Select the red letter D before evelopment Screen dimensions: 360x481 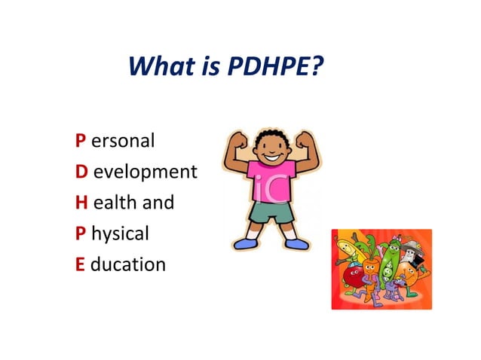point(81,172)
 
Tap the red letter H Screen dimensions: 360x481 point(81,203)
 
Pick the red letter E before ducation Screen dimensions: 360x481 point(80,264)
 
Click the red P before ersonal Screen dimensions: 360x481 point(80,140)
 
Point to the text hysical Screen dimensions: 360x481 point(120,234)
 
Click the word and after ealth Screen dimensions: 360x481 point(159,203)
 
